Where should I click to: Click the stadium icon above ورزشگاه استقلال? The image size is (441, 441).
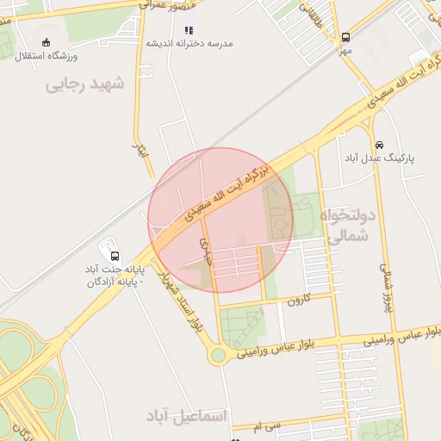[x=45, y=41]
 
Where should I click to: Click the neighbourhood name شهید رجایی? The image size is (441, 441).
[x=85, y=84]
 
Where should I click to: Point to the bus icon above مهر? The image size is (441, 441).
[x=345, y=38]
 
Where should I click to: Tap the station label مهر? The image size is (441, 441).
[x=345, y=51]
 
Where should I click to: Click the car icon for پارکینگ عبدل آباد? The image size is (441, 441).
[x=380, y=145]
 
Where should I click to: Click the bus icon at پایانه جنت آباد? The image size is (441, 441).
[x=115, y=255]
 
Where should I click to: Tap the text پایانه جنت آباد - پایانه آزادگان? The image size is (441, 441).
[x=115, y=276]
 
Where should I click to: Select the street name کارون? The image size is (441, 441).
[x=297, y=300]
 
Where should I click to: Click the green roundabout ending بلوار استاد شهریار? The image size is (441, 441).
[x=218, y=354]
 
